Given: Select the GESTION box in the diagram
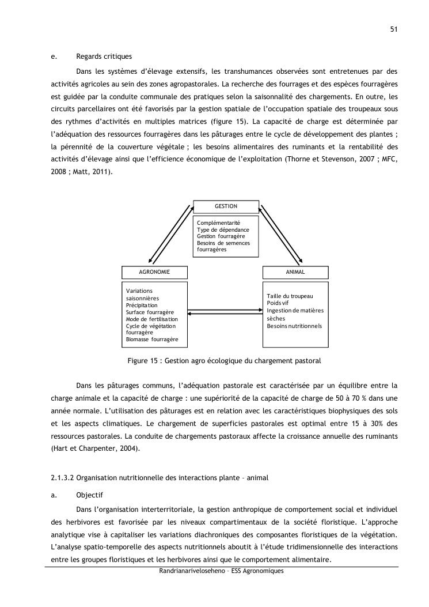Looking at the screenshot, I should (x=226, y=206).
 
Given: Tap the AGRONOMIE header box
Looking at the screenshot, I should (x=154, y=272).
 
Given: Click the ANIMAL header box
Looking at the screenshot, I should (x=295, y=272).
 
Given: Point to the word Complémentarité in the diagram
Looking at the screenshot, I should (x=218, y=223).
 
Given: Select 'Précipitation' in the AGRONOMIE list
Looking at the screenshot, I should (x=142, y=305).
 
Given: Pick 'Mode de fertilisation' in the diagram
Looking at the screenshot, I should (x=151, y=319).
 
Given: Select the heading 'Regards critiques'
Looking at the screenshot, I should (x=104, y=56).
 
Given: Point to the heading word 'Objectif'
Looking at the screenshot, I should (x=89, y=495).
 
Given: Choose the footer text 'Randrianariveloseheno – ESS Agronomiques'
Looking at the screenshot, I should (x=222, y=571).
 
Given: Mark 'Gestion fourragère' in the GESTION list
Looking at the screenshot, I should (x=221, y=236).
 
